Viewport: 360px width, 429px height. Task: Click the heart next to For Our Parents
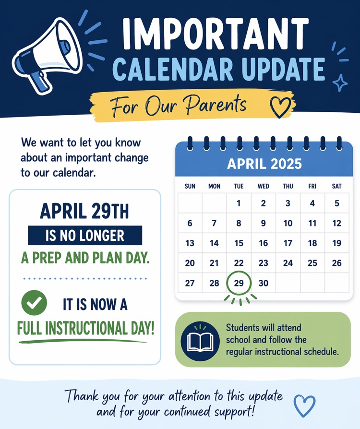click(x=281, y=107)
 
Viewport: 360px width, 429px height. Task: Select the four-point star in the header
click(x=341, y=83)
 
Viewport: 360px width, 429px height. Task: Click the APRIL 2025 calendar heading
click(x=264, y=164)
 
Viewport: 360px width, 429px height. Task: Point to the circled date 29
click(x=239, y=283)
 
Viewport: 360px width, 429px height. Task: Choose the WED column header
click(x=263, y=186)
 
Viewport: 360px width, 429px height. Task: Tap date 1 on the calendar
click(x=239, y=203)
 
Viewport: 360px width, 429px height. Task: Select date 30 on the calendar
click(x=263, y=283)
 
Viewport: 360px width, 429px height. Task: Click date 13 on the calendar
click(x=190, y=243)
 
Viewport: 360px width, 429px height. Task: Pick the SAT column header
click(x=336, y=186)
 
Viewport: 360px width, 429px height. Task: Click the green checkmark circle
click(x=34, y=303)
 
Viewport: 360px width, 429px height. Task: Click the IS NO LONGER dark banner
click(x=85, y=235)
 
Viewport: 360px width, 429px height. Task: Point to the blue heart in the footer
click(x=304, y=405)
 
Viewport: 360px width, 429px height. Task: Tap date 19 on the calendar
click(x=336, y=243)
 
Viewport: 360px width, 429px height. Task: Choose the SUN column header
click(x=190, y=186)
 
